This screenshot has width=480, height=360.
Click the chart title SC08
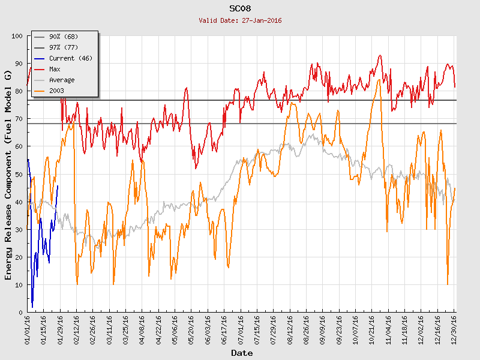[240, 9]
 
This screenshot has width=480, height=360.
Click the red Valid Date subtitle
[240, 20]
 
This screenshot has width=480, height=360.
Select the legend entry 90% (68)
[64, 37]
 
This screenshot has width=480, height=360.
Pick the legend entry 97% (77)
[64, 48]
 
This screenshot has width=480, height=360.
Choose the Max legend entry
[55, 70]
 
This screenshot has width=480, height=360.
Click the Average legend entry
[62, 80]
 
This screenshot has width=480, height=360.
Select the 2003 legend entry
[56, 91]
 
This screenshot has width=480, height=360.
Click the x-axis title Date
[242, 353]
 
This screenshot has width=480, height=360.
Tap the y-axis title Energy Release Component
[8, 175]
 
